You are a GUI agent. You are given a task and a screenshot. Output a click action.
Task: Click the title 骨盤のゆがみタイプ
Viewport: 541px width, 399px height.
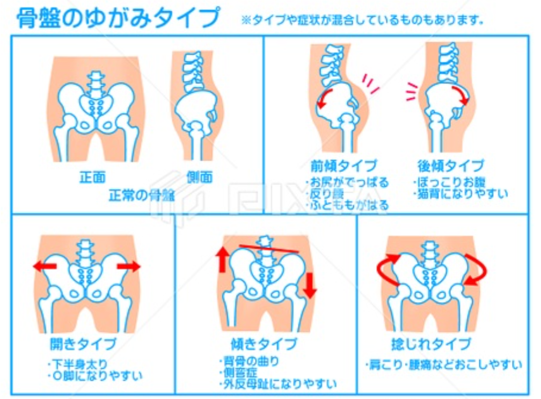pyautogui.click(x=118, y=19)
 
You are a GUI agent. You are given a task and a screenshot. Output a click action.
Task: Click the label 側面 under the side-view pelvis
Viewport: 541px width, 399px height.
pyautogui.click(x=199, y=177)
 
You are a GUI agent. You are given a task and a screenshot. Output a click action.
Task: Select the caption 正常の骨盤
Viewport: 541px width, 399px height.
pyautogui.click(x=142, y=194)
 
